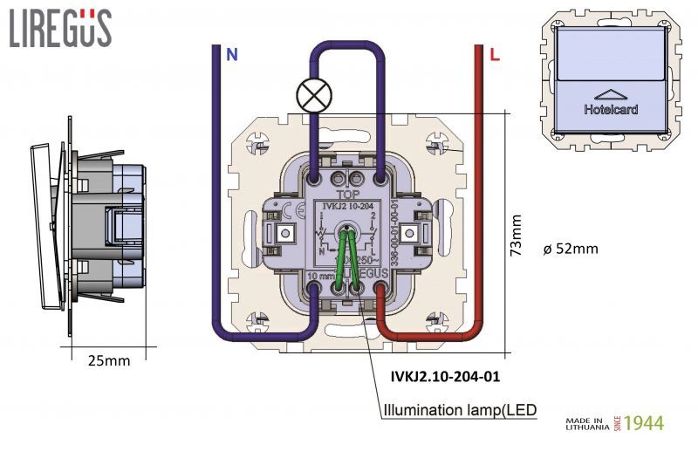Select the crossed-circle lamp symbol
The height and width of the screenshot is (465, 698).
pos(312,95)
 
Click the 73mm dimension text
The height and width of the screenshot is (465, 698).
pos(517,235)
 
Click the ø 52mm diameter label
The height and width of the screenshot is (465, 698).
pos(570,249)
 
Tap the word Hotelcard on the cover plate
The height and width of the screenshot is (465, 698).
pos(611,110)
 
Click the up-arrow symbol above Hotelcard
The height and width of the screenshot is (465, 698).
pos(610,93)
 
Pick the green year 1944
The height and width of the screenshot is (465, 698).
pos(644,423)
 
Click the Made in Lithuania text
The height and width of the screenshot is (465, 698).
pos(586,423)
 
